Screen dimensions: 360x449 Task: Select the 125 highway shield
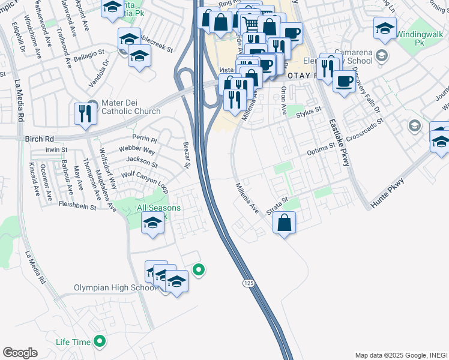247,281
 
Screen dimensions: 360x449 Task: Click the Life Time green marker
100,342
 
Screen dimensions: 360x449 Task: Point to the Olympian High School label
115,288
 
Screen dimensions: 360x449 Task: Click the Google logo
20,353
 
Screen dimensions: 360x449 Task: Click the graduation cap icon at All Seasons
152,224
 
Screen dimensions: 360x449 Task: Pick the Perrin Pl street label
145,139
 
